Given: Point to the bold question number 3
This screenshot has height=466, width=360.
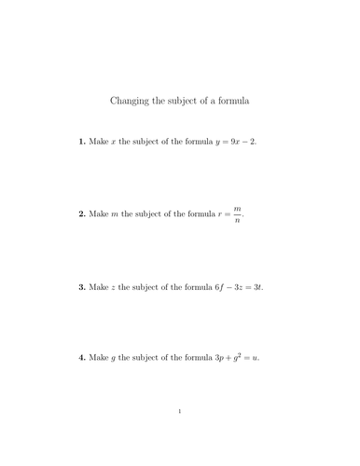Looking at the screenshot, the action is click(82, 287).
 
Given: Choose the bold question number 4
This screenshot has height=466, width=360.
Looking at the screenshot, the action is click(82, 358).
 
